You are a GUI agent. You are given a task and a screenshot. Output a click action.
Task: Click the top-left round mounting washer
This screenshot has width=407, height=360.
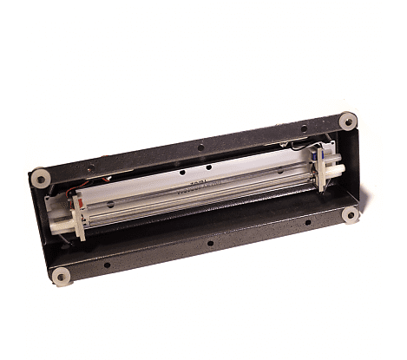click(40, 179)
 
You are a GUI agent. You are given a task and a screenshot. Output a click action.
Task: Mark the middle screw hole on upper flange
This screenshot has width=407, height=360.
click(200, 147)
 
